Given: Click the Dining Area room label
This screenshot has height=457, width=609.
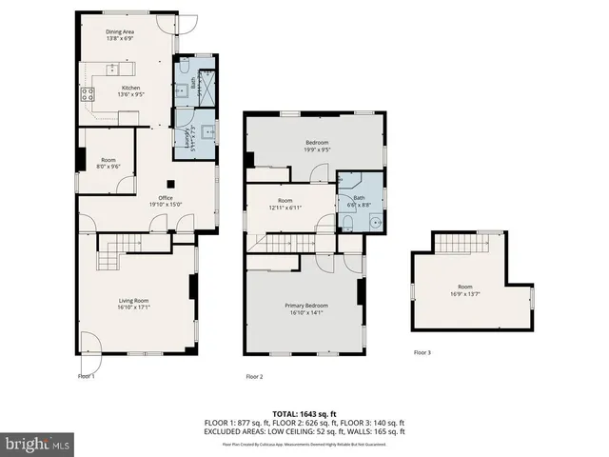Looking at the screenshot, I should (120, 35).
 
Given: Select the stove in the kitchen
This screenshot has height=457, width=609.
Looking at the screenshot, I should (88, 93).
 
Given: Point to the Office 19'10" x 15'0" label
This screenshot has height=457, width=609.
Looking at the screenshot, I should (165, 201).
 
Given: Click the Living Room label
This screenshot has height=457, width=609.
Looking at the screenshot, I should (134, 303).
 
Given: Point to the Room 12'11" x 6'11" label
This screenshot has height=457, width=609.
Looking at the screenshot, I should (285, 204).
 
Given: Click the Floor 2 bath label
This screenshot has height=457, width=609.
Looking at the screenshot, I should (359, 201).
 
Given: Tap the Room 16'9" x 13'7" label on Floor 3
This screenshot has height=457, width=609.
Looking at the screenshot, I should (464, 290).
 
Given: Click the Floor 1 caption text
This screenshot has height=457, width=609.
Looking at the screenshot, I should (87, 376).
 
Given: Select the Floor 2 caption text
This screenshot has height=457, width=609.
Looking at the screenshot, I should (254, 377).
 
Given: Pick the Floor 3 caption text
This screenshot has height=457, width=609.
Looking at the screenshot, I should (422, 352).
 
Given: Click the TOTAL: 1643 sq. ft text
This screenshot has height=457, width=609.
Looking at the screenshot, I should (304, 413).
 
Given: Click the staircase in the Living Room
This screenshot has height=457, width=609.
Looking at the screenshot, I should (111, 254).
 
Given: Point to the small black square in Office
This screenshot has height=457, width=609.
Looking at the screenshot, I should (170, 184).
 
